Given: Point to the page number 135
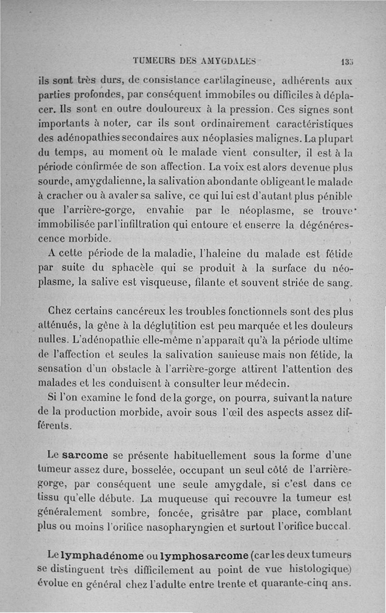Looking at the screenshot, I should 346,61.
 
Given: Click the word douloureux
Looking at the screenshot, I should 151,106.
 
